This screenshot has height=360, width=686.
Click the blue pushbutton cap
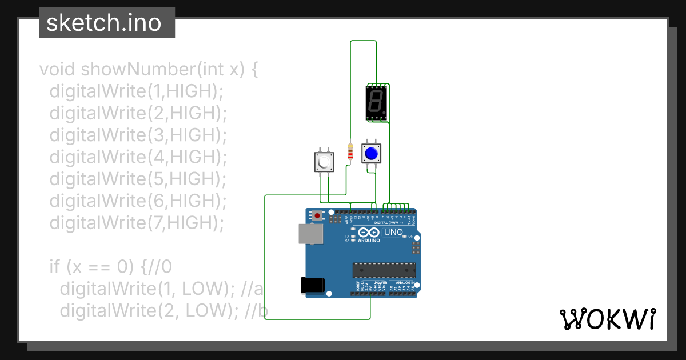pos(371,153)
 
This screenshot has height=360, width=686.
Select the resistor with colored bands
pos(350,152)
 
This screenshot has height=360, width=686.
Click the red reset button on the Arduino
pos(317,216)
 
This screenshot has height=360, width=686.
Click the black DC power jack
pos(313,285)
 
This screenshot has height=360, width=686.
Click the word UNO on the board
pos(393,233)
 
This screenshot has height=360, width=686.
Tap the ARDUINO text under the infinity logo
pos(369,241)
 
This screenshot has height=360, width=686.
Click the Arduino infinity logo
pos(369,233)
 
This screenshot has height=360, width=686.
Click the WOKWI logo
pos(608,319)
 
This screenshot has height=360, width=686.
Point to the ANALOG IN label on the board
pos(405,282)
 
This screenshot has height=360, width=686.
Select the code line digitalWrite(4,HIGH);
pos(138,157)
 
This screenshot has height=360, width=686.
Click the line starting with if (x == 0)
pos(110,266)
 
